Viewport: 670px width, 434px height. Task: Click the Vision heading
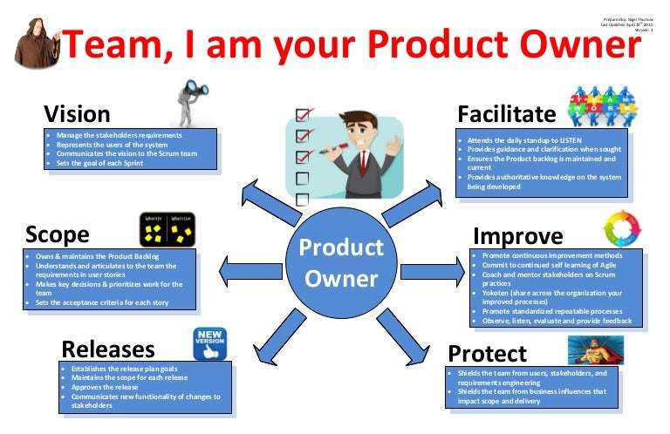[x=78, y=113]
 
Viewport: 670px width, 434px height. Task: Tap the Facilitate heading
[x=506, y=114]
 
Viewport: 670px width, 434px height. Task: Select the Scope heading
[x=57, y=234]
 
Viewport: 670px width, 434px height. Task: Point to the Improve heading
[x=517, y=235]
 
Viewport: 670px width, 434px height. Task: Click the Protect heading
[x=487, y=353]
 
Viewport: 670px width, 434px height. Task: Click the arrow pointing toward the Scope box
[x=249, y=270]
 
